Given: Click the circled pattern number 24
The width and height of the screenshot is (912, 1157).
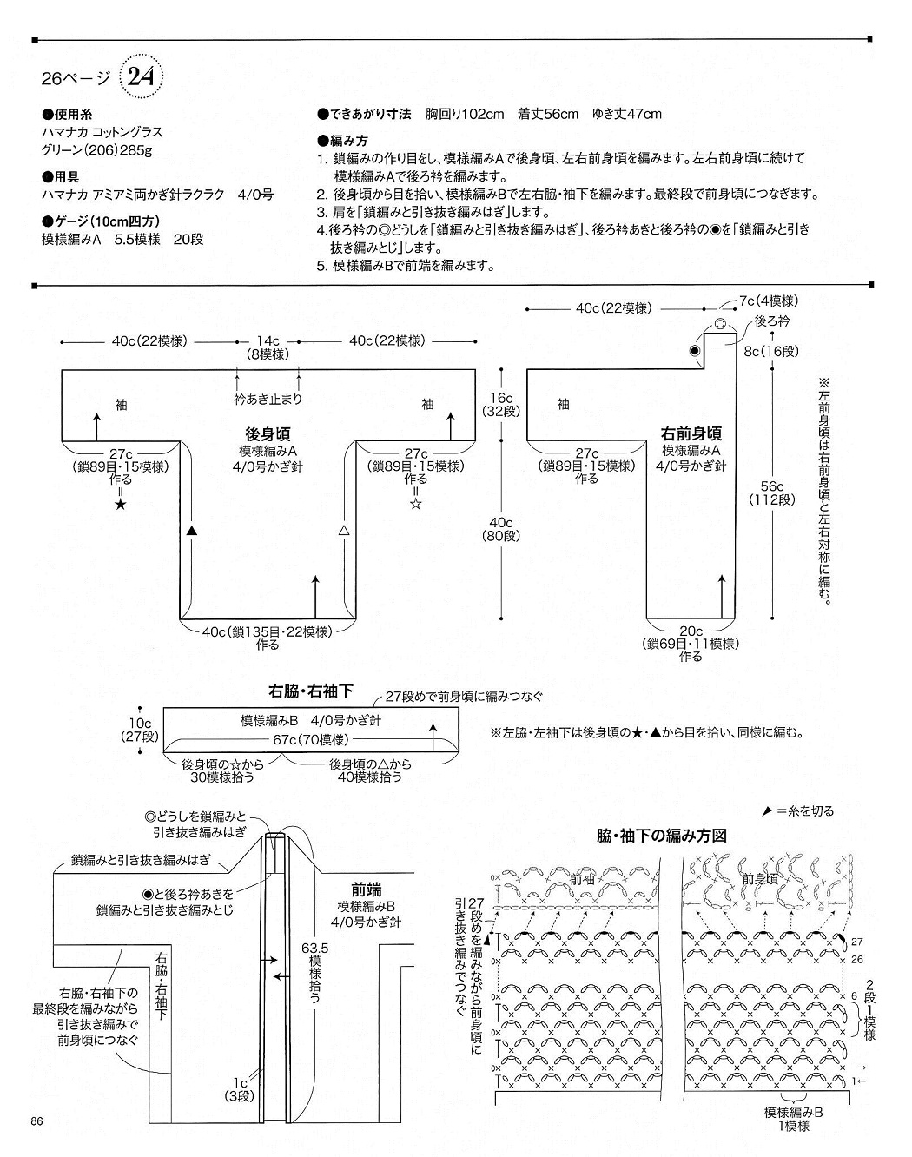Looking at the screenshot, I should (x=141, y=77).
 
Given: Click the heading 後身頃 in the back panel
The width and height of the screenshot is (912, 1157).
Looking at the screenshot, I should (x=268, y=435).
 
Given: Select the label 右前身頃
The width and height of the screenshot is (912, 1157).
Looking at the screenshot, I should (x=691, y=433).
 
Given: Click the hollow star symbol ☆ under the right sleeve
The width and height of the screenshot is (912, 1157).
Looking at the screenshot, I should (x=416, y=504).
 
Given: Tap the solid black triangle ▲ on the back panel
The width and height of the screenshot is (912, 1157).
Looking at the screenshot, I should (x=192, y=530).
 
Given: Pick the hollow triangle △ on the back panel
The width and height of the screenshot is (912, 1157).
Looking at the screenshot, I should (x=343, y=530).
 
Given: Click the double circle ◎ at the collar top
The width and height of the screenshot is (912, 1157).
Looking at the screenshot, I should (x=720, y=324).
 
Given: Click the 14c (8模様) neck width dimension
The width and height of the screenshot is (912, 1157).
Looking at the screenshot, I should (x=268, y=347).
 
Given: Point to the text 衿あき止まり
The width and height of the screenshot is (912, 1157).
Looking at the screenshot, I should (x=268, y=400).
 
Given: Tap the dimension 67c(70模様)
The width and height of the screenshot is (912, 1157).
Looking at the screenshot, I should (x=311, y=739).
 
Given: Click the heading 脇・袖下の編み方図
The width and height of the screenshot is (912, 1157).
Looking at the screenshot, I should (x=661, y=836).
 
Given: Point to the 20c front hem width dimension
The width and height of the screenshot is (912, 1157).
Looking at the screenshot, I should (x=691, y=631).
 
